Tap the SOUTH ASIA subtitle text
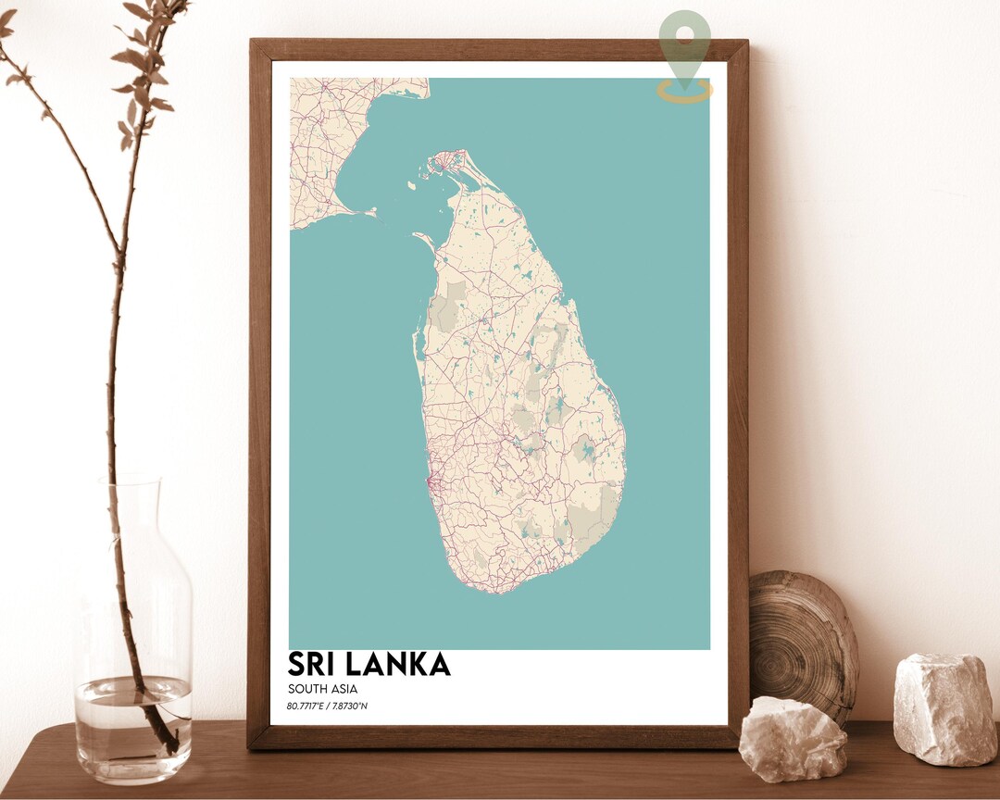(x=322, y=689)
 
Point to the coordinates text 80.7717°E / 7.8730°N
(x=333, y=708)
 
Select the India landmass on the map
(x=324, y=139)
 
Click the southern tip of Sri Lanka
(x=500, y=589)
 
